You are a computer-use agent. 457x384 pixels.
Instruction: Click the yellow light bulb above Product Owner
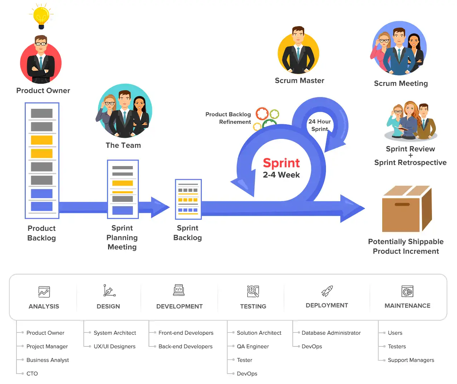tap(41, 16)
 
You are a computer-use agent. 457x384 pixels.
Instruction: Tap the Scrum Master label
tap(300, 81)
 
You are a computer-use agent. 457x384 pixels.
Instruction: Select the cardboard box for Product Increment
tap(407, 209)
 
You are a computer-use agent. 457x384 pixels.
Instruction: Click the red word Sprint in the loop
tap(281, 163)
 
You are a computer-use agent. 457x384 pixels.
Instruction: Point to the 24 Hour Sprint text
tap(319, 125)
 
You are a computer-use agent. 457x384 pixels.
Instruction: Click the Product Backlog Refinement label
tap(228, 118)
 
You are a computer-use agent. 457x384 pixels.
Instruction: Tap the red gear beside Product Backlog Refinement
tap(262, 114)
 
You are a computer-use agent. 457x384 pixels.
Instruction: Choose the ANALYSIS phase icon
tap(44, 292)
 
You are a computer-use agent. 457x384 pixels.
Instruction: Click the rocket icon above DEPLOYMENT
tap(327, 291)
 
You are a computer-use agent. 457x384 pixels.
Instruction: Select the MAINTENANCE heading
tap(407, 306)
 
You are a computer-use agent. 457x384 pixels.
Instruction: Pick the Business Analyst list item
tap(48, 360)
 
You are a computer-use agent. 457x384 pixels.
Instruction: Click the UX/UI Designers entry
tap(115, 346)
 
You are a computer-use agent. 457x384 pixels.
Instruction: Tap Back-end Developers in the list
tap(185, 346)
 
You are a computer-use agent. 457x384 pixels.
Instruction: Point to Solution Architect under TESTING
tap(259, 333)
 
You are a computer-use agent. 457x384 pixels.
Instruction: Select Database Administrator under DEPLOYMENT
tap(331, 333)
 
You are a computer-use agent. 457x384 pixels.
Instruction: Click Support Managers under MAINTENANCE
tap(411, 360)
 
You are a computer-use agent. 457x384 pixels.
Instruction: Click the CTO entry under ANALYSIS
tap(32, 374)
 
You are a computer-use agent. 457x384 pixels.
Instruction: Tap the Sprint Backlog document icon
tap(188, 199)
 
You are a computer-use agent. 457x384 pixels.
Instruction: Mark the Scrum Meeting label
tap(401, 83)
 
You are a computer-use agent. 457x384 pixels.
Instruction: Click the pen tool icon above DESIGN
tap(109, 291)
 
